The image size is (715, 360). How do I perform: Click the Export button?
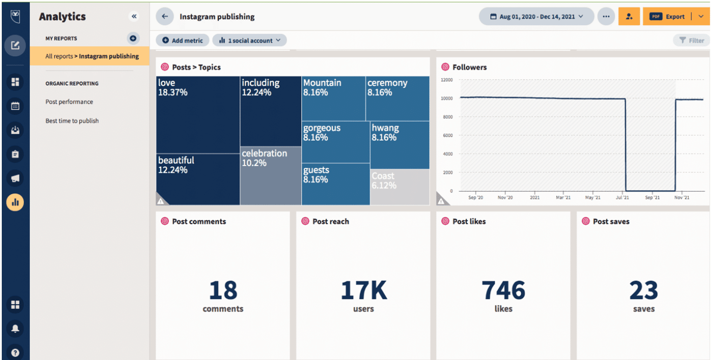pyautogui.click(x=668, y=17)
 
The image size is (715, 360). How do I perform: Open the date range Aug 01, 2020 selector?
pyautogui.click(x=536, y=17)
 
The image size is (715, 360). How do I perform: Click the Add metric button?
pyautogui.click(x=182, y=41)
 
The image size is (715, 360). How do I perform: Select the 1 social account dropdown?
pyautogui.click(x=250, y=41)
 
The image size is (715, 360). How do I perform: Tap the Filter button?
pyautogui.click(x=691, y=41)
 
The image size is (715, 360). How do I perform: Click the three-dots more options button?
pyautogui.click(x=606, y=17)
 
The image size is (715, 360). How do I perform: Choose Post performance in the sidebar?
pyautogui.click(x=69, y=102)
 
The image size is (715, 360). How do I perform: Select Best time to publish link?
pyautogui.click(x=72, y=121)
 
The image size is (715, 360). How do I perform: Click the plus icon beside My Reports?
pyautogui.click(x=133, y=38)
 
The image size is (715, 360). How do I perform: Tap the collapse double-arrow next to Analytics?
pyautogui.click(x=134, y=17)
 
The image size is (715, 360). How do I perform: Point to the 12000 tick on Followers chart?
pyautogui.click(x=446, y=80)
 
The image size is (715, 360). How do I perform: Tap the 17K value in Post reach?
pyautogui.click(x=364, y=291)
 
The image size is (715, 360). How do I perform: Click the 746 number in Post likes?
pyautogui.click(x=503, y=291)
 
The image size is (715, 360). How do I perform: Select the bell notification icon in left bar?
pyautogui.click(x=15, y=329)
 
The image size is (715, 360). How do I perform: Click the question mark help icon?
pyautogui.click(x=15, y=353)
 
